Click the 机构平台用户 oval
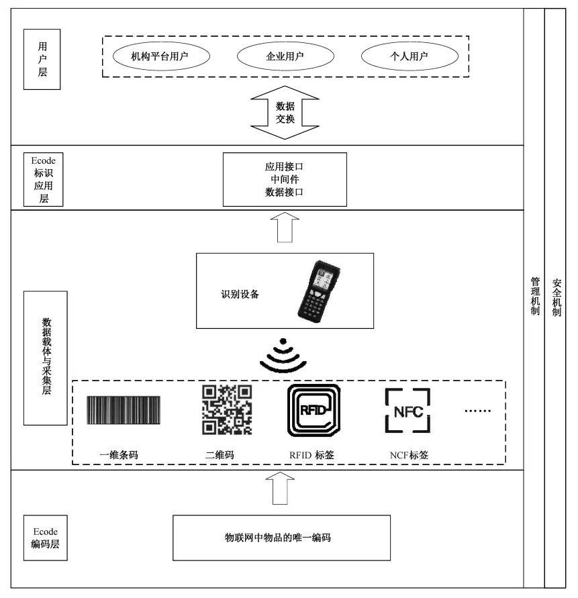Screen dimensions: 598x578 click(x=159, y=56)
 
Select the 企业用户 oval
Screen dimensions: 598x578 click(x=281, y=56)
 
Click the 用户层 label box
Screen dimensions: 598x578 click(x=42, y=59)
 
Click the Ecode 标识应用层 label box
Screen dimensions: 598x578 click(x=43, y=179)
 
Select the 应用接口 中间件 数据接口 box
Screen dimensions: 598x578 click(x=285, y=179)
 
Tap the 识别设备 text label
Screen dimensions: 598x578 click(x=240, y=293)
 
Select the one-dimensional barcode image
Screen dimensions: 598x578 click(x=124, y=411)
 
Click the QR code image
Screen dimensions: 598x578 click(x=227, y=409)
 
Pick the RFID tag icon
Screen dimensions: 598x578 click(x=313, y=411)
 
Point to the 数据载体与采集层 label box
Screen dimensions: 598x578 click(x=45, y=358)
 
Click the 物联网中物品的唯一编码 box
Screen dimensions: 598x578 click(x=281, y=538)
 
